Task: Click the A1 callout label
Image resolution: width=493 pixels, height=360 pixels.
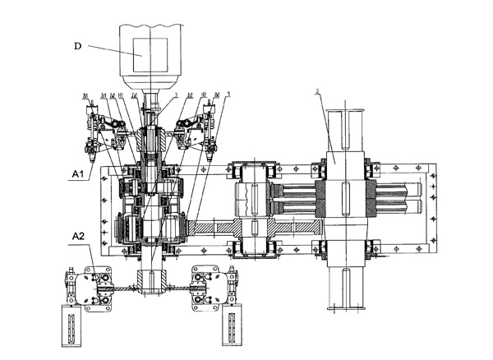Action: tap(79, 173)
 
